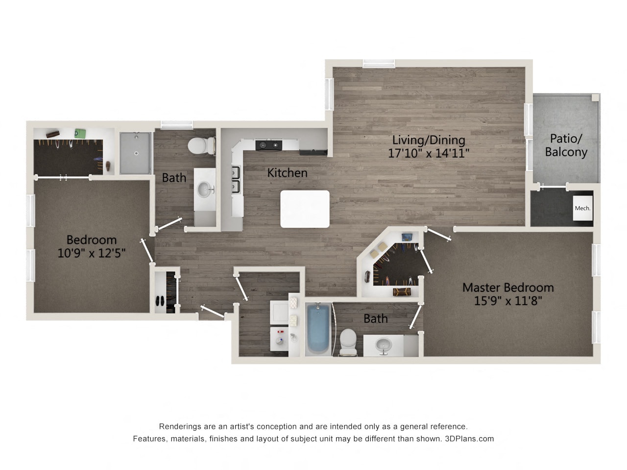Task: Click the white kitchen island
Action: tap(305, 209)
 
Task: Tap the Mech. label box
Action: tap(582, 208)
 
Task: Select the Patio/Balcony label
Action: tap(566, 145)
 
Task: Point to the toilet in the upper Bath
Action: tap(201, 145)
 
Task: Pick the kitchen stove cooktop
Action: tap(269, 145)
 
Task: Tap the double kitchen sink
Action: tap(236, 180)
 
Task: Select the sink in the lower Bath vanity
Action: tap(383, 346)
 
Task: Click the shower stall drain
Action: tap(136, 153)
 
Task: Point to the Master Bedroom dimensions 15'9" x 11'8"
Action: tap(508, 301)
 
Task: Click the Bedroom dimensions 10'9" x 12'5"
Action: tap(92, 253)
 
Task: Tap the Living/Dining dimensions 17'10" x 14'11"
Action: tap(429, 153)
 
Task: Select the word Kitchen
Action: tap(287, 173)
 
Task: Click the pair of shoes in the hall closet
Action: tap(160, 301)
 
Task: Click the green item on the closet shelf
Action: tap(80, 133)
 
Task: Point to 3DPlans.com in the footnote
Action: tap(469, 439)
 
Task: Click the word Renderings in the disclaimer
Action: tap(178, 426)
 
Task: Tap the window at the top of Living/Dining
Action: tap(378, 63)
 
